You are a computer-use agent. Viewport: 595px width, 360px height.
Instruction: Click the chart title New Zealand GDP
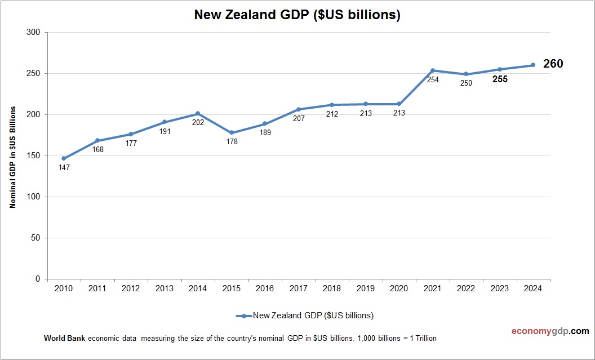[297, 15]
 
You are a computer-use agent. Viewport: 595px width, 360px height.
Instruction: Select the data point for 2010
[64, 158]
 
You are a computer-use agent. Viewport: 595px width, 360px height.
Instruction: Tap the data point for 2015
[232, 133]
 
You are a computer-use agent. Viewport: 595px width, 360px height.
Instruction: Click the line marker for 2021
[433, 70]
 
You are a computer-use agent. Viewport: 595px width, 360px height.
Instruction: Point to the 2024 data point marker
[533, 65]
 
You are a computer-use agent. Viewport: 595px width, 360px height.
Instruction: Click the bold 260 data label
[553, 64]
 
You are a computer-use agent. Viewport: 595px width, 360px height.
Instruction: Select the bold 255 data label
[500, 79]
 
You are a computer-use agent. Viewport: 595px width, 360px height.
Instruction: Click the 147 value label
[64, 168]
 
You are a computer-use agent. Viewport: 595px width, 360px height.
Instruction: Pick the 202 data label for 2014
[198, 123]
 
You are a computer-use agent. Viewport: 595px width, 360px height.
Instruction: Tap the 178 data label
[232, 142]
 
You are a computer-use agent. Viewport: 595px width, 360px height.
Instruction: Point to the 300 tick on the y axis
[34, 33]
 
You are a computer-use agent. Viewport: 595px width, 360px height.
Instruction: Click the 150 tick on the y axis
[34, 156]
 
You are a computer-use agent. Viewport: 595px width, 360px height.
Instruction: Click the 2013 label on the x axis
[164, 288]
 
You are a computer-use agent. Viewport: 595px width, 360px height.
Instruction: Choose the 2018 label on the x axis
[332, 288]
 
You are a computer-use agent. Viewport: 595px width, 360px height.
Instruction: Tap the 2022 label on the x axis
[466, 288]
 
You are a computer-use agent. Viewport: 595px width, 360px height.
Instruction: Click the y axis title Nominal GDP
[12, 157]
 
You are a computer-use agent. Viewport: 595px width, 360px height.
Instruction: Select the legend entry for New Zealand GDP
[305, 315]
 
